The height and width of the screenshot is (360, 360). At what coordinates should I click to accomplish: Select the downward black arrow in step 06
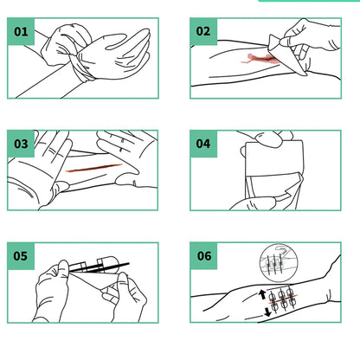click(265, 315)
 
